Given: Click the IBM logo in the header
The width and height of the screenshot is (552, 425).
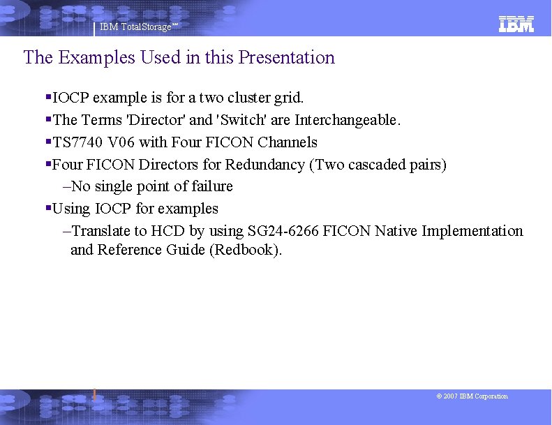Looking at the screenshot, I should click(516, 24).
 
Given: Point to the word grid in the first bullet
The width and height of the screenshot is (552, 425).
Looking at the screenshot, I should click(288, 97).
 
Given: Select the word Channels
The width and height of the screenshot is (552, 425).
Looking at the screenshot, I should click(287, 142).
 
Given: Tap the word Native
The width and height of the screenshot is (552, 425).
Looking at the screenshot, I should click(396, 231).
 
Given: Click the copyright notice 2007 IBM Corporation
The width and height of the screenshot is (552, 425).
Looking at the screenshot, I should click(472, 396).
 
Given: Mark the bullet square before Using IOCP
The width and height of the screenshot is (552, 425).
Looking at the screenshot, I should click(48, 209).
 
